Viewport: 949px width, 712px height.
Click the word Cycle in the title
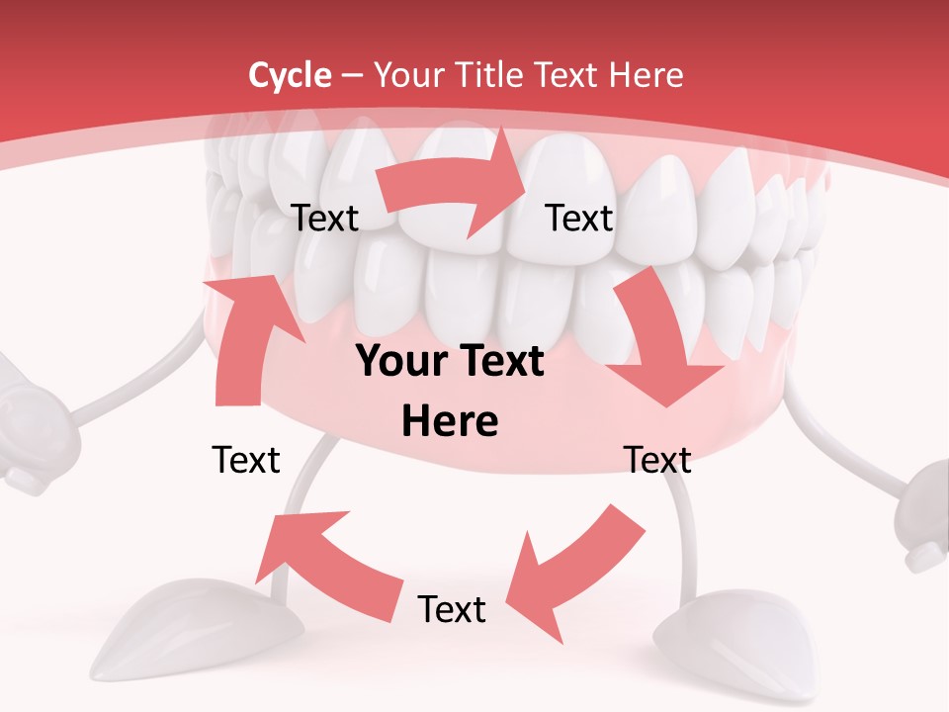290,75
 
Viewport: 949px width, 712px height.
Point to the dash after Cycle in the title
352,76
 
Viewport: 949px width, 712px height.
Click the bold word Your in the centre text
395,362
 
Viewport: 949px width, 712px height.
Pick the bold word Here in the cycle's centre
450,422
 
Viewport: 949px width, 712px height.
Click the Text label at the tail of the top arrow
325,219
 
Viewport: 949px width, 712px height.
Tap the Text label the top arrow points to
579,219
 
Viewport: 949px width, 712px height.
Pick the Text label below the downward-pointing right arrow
656,460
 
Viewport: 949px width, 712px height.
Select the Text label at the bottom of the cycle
452,609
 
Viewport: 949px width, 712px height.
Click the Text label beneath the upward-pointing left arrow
246,460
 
